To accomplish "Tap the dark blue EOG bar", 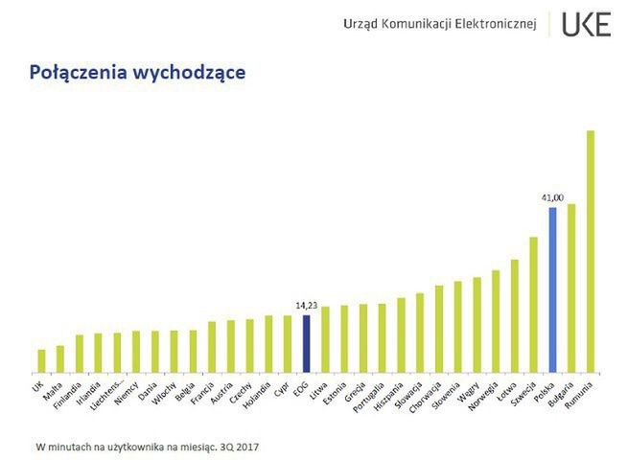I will (x=306, y=343).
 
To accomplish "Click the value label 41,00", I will (x=551, y=198).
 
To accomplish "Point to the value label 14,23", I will (x=306, y=306).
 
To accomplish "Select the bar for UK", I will (x=41, y=360).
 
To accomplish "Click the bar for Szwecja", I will (x=533, y=305).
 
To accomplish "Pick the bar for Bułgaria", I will (x=571, y=287).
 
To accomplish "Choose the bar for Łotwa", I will (x=515, y=316).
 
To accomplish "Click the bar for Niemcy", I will (x=136, y=352).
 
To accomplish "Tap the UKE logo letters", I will (x=586, y=25).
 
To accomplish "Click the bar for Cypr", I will (x=287, y=343).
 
